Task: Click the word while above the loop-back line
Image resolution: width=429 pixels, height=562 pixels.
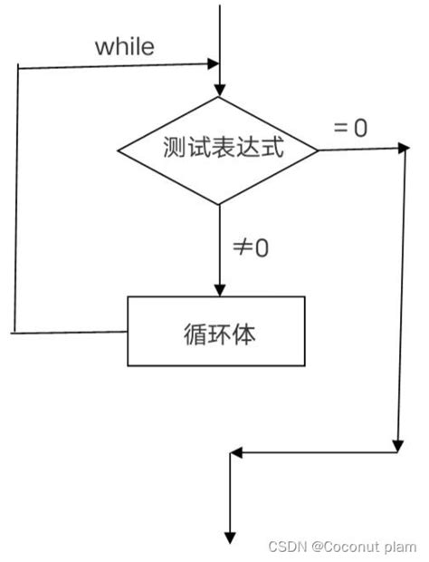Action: pos(125,46)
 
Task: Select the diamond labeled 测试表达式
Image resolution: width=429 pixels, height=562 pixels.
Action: pos(218,150)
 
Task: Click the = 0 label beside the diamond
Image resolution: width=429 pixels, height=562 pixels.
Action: pos(351,128)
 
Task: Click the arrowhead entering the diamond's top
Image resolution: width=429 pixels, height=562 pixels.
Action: pos(219,89)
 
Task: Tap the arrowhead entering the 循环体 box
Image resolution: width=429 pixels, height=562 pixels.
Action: pos(219,289)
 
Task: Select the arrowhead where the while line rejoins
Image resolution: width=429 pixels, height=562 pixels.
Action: pos(214,64)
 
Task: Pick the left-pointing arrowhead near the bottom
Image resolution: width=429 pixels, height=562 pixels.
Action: pos(236,451)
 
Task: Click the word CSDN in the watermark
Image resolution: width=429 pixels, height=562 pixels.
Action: pos(287,547)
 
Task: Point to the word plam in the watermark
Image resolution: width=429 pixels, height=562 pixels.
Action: pos(401,547)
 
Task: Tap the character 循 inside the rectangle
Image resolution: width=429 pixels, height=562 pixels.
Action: pos(193,334)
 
